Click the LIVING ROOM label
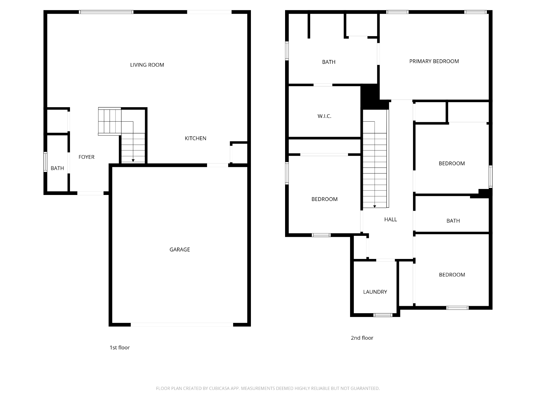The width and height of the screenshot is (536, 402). [x=147, y=65]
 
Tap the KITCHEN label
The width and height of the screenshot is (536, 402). [x=195, y=138]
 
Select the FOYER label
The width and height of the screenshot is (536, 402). [x=86, y=157]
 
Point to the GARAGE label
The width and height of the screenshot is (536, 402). [x=180, y=250]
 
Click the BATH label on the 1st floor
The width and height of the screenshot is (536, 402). [x=57, y=168]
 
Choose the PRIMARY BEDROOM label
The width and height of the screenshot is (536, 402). [x=434, y=61]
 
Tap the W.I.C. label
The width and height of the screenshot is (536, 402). [x=324, y=116]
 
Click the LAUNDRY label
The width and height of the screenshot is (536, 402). [x=375, y=292]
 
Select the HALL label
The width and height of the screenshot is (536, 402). [x=391, y=219]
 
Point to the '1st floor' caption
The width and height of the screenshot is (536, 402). [x=119, y=348]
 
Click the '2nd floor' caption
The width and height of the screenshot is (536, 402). [x=362, y=338]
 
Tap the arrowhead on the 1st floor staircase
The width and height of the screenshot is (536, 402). [x=133, y=160]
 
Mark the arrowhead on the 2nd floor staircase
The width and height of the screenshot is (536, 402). [x=375, y=206]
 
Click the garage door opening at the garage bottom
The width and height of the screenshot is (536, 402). [x=182, y=325]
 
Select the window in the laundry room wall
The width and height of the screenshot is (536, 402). [x=383, y=315]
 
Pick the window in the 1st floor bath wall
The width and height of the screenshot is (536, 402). [x=45, y=162]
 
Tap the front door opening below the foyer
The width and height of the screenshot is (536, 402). [x=90, y=193]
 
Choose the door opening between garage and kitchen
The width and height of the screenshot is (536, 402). [x=217, y=165]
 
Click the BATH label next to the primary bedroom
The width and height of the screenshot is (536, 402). [x=328, y=62]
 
